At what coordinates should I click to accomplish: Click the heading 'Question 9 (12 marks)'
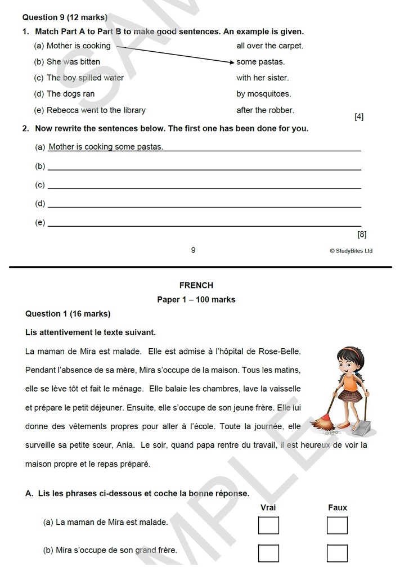[65, 17]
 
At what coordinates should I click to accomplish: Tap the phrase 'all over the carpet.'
[269, 46]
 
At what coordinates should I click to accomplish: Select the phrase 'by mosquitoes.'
[263, 94]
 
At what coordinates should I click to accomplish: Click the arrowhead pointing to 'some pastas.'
[231, 62]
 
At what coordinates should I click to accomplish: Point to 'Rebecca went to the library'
[96, 110]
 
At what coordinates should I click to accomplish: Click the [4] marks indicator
[358, 117]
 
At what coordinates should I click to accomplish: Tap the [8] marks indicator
[361, 234]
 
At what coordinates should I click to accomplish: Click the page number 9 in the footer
[193, 250]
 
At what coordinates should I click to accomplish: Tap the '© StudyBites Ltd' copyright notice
[350, 251]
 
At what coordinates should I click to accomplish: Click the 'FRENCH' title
[196, 286]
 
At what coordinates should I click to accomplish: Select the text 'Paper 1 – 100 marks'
[196, 300]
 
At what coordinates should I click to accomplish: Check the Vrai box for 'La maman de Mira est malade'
[268, 525]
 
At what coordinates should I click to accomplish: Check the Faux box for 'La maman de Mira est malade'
[337, 525]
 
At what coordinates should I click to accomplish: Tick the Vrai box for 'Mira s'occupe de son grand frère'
[268, 553]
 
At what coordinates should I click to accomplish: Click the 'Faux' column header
[338, 508]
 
